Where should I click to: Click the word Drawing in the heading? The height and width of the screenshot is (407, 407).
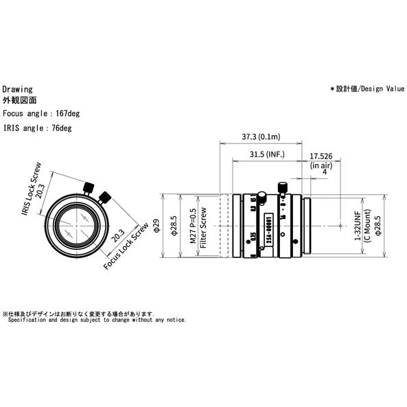[x=17, y=89]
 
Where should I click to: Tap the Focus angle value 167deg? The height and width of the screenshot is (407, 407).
[x=60, y=113]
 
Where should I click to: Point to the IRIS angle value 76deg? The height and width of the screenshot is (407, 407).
[x=57, y=128]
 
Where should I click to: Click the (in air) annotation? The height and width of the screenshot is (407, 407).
[x=323, y=165]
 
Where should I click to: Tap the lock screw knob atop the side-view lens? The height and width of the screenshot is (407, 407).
[x=280, y=187]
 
